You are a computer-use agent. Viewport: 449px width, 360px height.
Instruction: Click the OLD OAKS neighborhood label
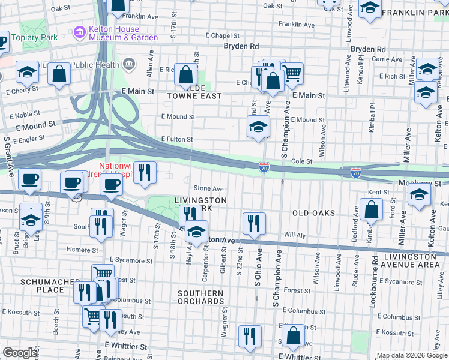click(313, 213)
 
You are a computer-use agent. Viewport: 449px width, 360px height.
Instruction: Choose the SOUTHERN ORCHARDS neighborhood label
click(200, 298)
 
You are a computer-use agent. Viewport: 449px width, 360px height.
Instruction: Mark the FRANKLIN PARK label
click(415, 13)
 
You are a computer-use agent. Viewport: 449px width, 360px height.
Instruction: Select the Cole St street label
click(302, 161)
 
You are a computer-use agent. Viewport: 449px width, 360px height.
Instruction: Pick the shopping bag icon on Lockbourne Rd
click(372, 209)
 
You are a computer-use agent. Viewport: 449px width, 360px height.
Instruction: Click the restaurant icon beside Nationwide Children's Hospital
click(145, 172)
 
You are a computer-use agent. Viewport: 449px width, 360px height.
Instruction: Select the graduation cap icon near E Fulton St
click(258, 127)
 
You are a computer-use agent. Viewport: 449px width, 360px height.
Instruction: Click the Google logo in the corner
click(20, 353)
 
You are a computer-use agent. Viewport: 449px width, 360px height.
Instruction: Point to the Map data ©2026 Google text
click(411, 355)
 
